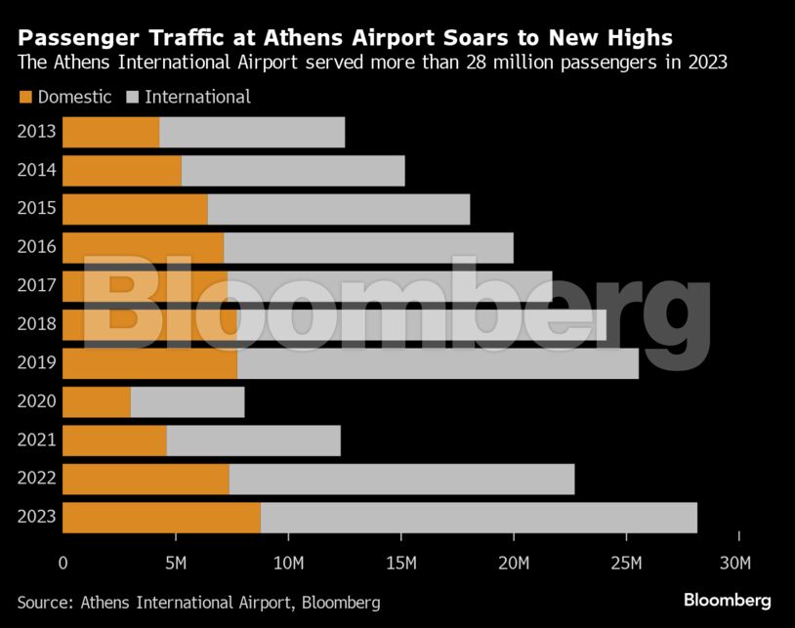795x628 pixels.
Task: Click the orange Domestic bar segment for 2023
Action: (x=161, y=518)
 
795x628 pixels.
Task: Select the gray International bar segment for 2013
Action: (x=252, y=133)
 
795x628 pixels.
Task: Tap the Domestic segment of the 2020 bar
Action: (x=97, y=402)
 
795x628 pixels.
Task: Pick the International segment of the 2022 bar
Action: (x=401, y=480)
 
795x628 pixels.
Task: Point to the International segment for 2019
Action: (x=438, y=364)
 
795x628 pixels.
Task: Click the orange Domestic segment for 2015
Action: (x=135, y=210)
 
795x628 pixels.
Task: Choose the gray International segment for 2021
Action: (x=253, y=440)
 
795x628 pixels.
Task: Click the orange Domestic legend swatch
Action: (x=25, y=97)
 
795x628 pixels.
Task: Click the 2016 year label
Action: (x=36, y=248)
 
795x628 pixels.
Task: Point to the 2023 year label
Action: (x=36, y=518)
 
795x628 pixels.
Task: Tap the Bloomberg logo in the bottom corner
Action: (x=727, y=601)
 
